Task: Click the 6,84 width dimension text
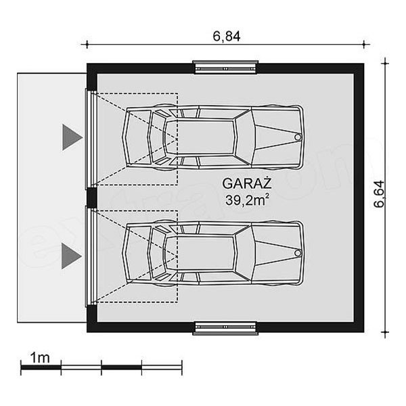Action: (x=227, y=37)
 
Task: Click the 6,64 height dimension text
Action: (x=380, y=194)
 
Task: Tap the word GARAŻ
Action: (x=247, y=183)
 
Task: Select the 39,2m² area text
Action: (x=245, y=200)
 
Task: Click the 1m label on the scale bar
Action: (x=40, y=358)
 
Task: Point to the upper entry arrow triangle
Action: (x=72, y=137)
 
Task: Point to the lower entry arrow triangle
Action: (x=72, y=256)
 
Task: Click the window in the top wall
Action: (x=225, y=67)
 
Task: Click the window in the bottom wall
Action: (x=225, y=329)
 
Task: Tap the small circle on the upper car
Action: (x=298, y=137)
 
